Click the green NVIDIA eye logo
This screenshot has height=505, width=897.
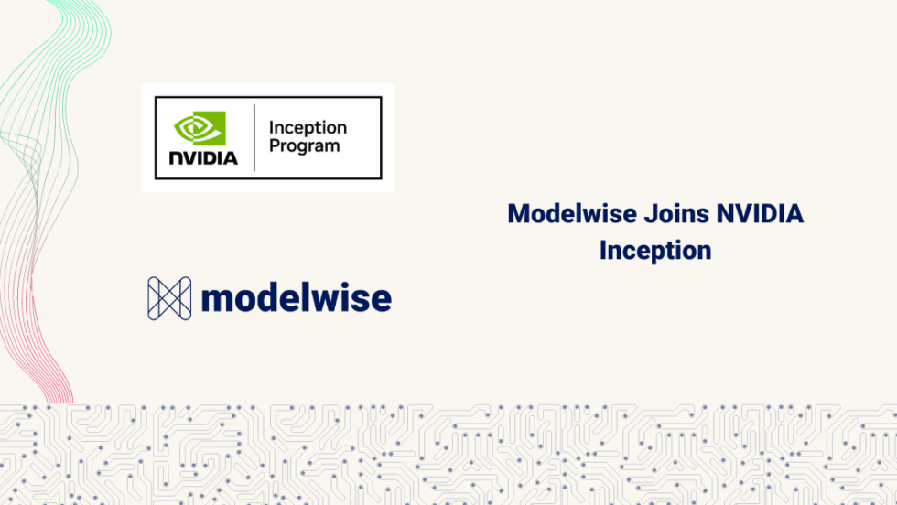pyautogui.click(x=200, y=128)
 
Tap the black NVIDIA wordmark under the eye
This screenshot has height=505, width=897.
pyautogui.click(x=203, y=157)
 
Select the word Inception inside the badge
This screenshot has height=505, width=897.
pyautogui.click(x=308, y=128)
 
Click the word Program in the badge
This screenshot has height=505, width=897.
pyautogui.click(x=304, y=146)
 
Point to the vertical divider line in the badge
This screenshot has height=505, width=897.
pyautogui.click(x=254, y=137)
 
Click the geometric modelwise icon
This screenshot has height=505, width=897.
pyautogui.click(x=169, y=298)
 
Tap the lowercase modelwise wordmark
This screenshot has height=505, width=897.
pyautogui.click(x=296, y=297)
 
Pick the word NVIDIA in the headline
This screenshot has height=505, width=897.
pyautogui.click(x=760, y=214)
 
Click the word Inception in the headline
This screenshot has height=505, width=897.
pyautogui.click(x=655, y=250)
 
